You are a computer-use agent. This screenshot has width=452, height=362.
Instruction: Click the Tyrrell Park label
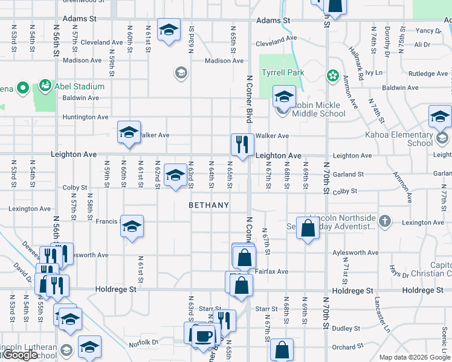coord(283,72)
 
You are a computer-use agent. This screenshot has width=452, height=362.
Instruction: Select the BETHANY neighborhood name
coord(209,205)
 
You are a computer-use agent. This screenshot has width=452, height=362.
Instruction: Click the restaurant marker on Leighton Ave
coord(241,145)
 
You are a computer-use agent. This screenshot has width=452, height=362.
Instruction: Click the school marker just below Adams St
coord(169,29)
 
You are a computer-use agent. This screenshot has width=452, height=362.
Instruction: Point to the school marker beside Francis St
coord(132,226)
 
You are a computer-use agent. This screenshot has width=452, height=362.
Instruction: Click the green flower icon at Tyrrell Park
coord(332,75)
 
